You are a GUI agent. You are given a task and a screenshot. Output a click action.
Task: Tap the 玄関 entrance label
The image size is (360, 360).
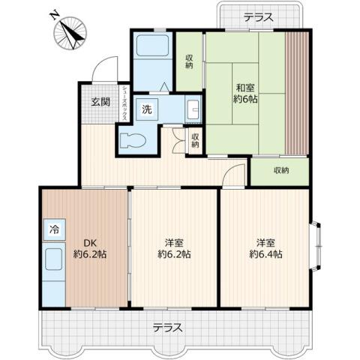[x=101, y=103]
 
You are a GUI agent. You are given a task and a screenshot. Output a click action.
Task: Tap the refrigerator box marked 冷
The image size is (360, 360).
[x=55, y=227]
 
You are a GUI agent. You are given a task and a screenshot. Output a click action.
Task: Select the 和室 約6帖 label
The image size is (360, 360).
[x=246, y=93]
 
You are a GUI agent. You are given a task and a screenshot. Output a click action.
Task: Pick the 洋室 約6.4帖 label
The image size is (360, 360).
[x=266, y=248]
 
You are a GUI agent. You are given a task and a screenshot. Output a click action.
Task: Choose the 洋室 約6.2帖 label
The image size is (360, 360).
[x=175, y=248]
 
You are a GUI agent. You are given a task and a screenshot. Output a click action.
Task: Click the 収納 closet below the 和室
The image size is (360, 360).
[x=280, y=170]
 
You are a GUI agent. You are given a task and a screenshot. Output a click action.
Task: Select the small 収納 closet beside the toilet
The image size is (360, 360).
[x=194, y=139]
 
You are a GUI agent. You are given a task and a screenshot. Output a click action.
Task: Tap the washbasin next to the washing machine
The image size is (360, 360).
[x=190, y=109]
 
